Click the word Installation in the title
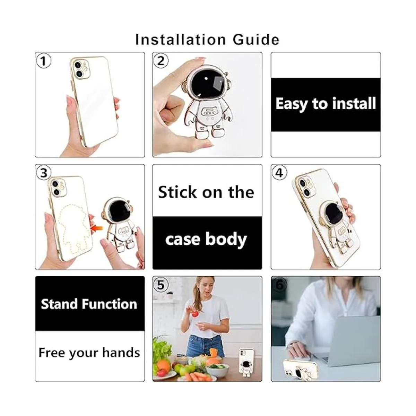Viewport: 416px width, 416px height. point(180,40)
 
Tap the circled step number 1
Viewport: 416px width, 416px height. point(44,61)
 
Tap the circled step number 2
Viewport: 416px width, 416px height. point(161,61)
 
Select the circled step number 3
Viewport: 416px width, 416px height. point(44,173)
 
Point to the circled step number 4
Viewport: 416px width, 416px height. point(279,173)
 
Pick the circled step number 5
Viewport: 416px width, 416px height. point(161,285)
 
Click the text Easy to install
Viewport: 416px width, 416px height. point(326,104)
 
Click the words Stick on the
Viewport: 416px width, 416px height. point(206,192)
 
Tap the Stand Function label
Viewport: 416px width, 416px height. point(89,304)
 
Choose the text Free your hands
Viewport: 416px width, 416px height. point(89,353)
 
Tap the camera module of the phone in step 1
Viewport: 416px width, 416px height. point(80,69)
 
